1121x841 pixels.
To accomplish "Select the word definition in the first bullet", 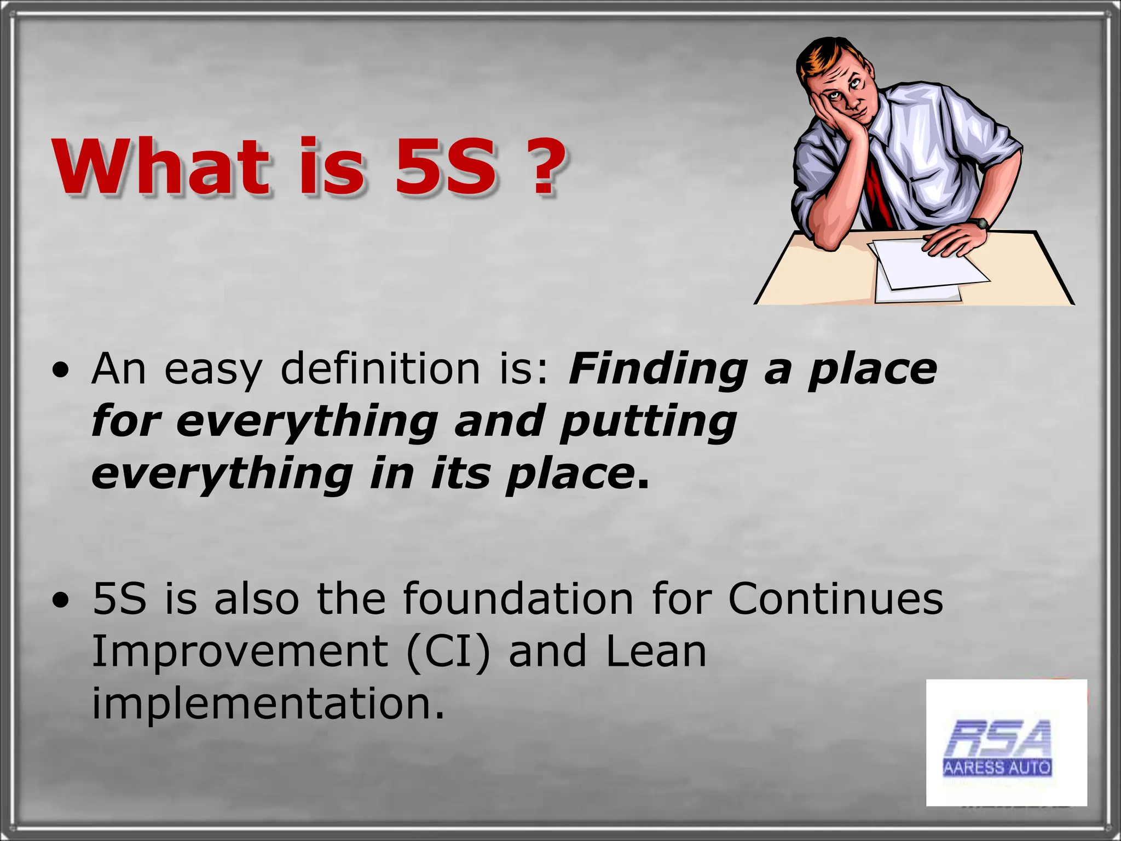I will [380, 369].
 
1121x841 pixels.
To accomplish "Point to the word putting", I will [649, 422].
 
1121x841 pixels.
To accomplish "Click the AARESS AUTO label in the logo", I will [997, 768].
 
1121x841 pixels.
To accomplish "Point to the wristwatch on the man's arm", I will [980, 223].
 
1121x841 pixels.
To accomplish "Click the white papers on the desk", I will [925, 268].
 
